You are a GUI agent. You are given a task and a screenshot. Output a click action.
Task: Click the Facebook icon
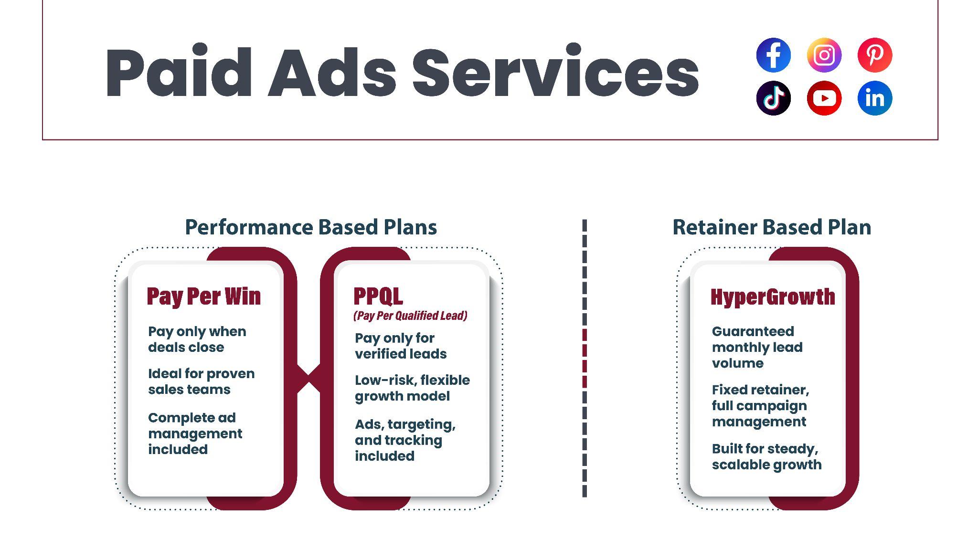pos(773,55)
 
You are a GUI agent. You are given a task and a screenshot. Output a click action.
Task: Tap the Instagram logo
pos(824,55)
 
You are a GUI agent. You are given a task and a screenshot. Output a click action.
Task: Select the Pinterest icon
pos(874,55)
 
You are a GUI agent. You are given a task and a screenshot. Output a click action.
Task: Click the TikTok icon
pos(773,98)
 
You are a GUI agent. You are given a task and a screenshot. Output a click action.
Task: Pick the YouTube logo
pos(824,98)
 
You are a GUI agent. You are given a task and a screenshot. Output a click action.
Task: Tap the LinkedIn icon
pos(874,98)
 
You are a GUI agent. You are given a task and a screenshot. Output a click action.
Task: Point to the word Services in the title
pos(555,73)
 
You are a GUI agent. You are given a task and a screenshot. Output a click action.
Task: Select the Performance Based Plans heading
pos(311,227)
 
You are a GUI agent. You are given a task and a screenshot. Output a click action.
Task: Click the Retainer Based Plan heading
pos(772,227)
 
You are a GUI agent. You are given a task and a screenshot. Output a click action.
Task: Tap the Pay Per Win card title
pos(203,296)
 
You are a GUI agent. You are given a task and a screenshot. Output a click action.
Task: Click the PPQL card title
pos(378,296)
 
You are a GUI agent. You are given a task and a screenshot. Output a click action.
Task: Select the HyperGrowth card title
pos(773,297)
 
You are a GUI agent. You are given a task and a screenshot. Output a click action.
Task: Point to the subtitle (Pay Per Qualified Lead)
pos(410,316)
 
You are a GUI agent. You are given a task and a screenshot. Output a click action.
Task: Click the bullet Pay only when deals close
pos(197,339)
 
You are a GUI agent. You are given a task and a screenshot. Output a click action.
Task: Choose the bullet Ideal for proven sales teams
pos(201,381)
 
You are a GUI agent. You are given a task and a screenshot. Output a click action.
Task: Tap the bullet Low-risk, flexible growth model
pos(412,388)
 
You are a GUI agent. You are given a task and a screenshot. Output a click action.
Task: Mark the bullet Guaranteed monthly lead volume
pos(757,347)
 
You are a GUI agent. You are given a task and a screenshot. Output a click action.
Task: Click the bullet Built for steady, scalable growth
pos(766,456)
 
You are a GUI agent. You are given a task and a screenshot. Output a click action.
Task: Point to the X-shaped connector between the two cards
pos(308,378)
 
